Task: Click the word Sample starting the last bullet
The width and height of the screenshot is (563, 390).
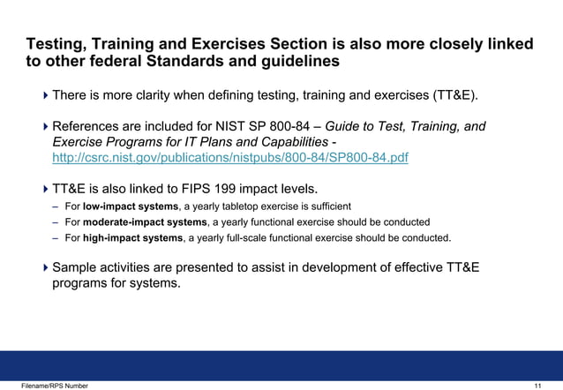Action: pos(77,267)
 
